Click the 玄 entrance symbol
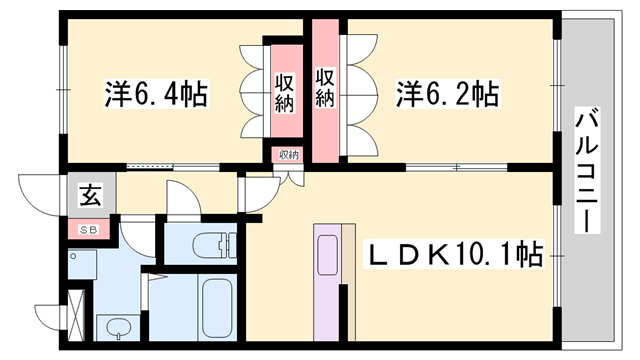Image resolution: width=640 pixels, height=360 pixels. pyautogui.click(x=90, y=194)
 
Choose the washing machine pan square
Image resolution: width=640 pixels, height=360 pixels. pyautogui.click(x=84, y=265)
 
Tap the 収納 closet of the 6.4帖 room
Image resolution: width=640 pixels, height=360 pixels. pyautogui.click(x=285, y=92)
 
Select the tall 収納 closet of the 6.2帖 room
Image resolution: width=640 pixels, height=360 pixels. pyautogui.click(x=324, y=88)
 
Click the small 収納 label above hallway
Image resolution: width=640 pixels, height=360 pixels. pyautogui.click(x=289, y=155)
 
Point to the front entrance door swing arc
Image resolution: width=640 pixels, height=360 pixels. pyautogui.click(x=38, y=195)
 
